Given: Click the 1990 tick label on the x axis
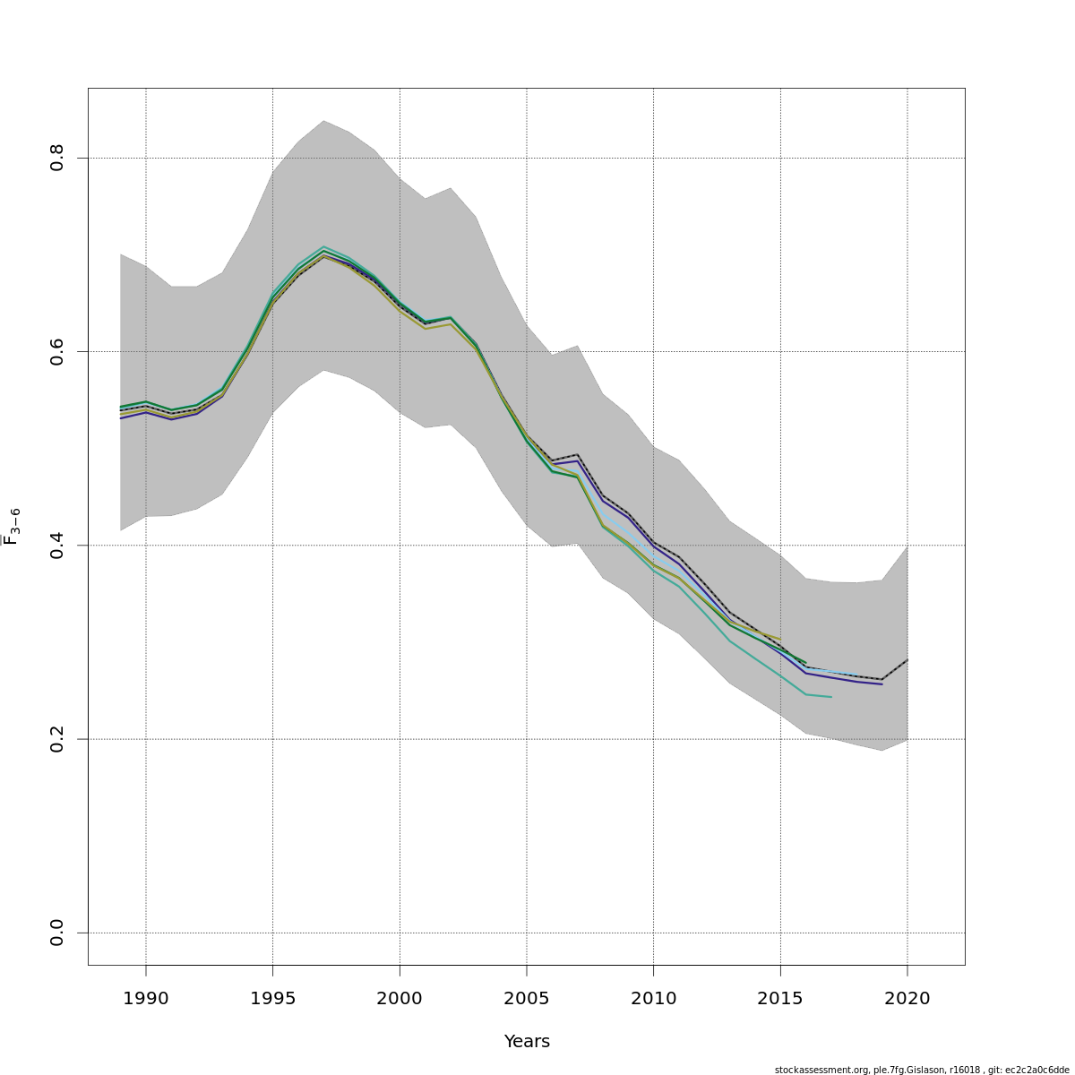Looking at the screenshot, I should tap(146, 999).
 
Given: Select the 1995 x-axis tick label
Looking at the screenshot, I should tap(273, 999).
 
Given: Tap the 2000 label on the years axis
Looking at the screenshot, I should tap(400, 999).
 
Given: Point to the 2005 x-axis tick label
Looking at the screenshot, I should tap(527, 999).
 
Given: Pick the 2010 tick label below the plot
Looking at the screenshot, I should tap(653, 999).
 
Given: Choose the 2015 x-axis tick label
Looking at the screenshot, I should tap(780, 999).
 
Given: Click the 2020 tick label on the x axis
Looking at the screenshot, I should tap(907, 999).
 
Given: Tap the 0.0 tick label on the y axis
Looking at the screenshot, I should tap(57, 933).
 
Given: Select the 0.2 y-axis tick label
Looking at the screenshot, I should tap(57, 739).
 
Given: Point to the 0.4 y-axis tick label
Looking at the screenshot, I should tap(57, 546).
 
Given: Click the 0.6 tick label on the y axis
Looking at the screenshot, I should tap(57, 352).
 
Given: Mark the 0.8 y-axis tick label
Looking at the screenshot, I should tap(57, 159).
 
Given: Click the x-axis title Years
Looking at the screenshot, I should tap(527, 1042).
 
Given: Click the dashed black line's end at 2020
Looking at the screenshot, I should tap(907, 660).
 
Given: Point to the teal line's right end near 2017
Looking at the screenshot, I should tap(831, 697).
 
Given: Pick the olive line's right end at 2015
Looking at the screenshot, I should tap(780, 640).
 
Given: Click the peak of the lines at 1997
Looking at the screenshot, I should tap(323, 252).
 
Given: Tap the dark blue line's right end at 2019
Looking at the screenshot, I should tap(881, 684).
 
